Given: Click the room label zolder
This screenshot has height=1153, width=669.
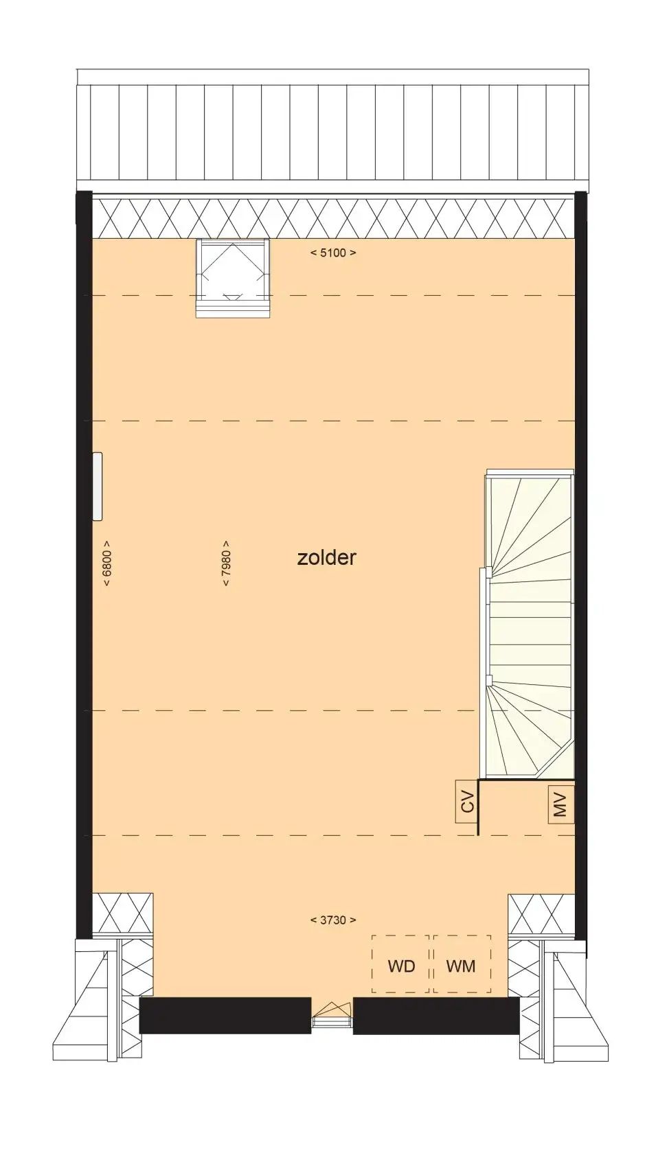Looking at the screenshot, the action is [x=326, y=557].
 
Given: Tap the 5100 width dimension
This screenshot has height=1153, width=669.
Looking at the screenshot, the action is [x=333, y=253].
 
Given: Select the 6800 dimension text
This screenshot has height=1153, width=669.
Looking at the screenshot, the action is [x=107, y=563].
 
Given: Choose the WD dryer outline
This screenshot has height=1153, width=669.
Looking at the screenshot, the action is [x=400, y=964].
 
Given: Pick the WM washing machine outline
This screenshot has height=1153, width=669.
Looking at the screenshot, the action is [x=462, y=964].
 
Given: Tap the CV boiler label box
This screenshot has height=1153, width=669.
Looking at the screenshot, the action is [x=467, y=802].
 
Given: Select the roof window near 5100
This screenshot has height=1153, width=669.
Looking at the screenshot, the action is [x=234, y=278].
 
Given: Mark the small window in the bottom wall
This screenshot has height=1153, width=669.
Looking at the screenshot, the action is [x=332, y=1014].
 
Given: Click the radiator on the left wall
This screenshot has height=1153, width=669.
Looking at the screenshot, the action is [x=98, y=487].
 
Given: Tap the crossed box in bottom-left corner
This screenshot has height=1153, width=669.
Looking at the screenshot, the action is [x=122, y=913].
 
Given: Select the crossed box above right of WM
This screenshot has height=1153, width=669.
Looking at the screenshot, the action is [x=541, y=913].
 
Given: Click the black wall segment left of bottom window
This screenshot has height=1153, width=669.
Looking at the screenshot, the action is [x=225, y=1014].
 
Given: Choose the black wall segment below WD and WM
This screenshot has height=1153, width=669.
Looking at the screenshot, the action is [x=436, y=1014].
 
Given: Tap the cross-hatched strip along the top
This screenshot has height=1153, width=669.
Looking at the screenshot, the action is [x=333, y=218].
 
